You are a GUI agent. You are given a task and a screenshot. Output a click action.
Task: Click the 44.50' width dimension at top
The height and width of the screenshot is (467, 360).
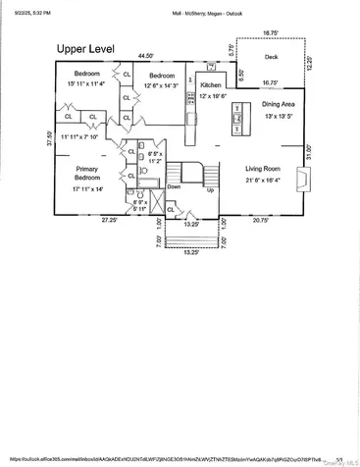(x=146, y=56)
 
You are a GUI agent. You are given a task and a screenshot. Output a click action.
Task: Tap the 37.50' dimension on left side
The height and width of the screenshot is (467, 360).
(x=49, y=139)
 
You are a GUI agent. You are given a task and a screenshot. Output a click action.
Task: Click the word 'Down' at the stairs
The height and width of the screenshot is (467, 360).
(x=174, y=186)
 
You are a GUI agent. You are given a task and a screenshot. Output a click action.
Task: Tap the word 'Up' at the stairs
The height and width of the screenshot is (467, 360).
(x=210, y=190)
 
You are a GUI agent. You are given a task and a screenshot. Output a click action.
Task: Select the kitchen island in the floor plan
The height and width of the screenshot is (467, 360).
(x=235, y=121)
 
